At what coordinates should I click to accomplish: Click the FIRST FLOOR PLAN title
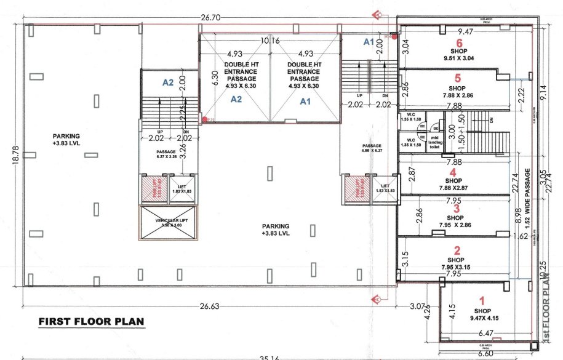tap(92, 322)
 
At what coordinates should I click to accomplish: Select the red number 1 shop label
tap(482, 301)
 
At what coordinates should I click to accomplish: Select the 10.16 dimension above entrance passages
tap(270, 41)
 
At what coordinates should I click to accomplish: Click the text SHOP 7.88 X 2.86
tap(457, 92)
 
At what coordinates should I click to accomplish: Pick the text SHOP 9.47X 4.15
tap(482, 315)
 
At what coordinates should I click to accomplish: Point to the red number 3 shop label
tap(455, 209)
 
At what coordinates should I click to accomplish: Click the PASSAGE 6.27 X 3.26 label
tap(167, 154)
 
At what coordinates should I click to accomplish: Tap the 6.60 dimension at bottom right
tap(485, 354)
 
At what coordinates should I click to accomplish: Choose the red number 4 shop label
tap(453, 172)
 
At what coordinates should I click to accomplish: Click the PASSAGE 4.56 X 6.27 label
tap(372, 148)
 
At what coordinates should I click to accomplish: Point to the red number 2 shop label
tap(457, 250)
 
